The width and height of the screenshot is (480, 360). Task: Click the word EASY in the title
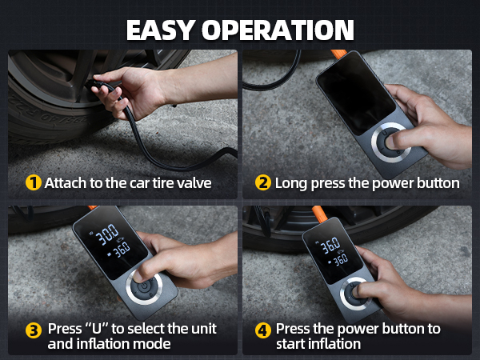[x=159, y=30]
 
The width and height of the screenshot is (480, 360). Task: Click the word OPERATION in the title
[x=278, y=30]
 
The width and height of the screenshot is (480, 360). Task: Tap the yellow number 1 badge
[x=34, y=182]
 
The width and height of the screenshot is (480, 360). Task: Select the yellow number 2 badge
[x=263, y=182]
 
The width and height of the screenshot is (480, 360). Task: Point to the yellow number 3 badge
[x=34, y=330]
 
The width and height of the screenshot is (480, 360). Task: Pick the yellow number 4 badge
[x=263, y=330]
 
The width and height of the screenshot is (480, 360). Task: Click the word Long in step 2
[x=291, y=184]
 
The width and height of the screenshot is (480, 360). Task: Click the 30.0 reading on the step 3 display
[x=106, y=234]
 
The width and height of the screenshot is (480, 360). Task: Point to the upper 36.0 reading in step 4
[x=330, y=245]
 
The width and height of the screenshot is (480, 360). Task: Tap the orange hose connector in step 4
[x=319, y=214]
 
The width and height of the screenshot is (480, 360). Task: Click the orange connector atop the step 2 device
[x=338, y=54]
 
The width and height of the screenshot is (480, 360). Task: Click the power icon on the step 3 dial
[x=143, y=287]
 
